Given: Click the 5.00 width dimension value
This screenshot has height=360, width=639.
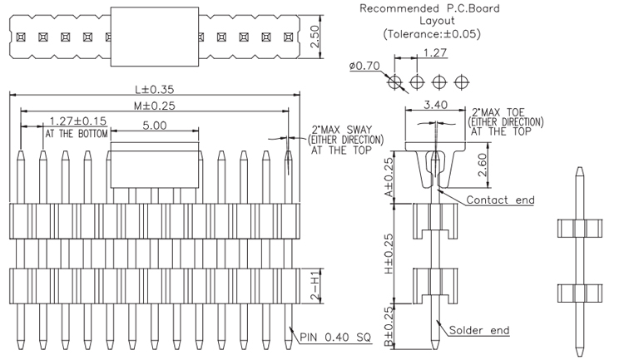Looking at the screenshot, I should click(x=154, y=125).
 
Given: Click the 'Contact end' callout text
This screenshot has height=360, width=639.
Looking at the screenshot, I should click(x=500, y=200).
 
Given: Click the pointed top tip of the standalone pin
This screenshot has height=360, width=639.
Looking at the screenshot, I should click(x=578, y=169).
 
